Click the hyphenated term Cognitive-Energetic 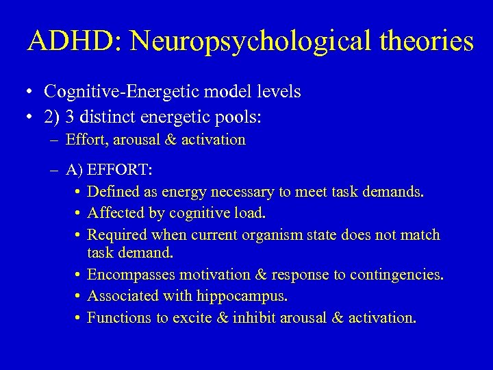114,91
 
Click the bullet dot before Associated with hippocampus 79,297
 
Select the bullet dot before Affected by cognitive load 79,213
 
